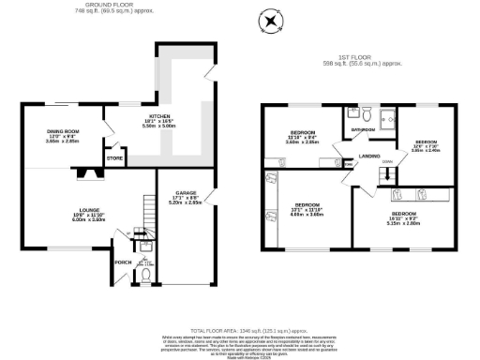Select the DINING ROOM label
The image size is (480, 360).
pos(66,132)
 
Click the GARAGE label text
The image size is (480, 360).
pos(184,193)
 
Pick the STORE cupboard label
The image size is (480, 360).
pos(116,158)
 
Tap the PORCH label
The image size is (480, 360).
pos(121,262)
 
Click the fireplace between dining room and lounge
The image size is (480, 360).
pos(87,172)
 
